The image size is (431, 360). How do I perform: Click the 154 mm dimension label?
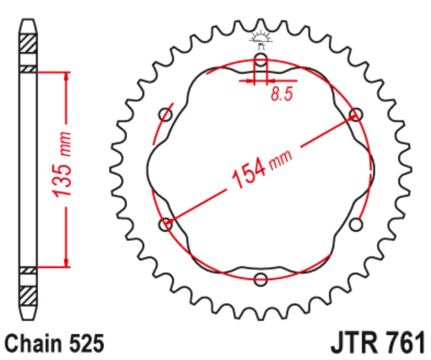coord(262,168)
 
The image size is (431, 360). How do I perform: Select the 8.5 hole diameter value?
coord(282,94)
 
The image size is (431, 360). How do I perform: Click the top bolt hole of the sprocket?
coord(261,60)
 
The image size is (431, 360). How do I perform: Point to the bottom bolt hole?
coord(261,280)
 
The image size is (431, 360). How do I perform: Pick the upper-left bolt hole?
coord(165,114)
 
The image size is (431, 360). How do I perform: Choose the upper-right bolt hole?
coord(356,114)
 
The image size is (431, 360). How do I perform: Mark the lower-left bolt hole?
coord(165,225)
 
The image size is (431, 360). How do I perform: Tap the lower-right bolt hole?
coord(356,225)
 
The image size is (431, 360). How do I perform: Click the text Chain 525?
coord(55,343)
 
